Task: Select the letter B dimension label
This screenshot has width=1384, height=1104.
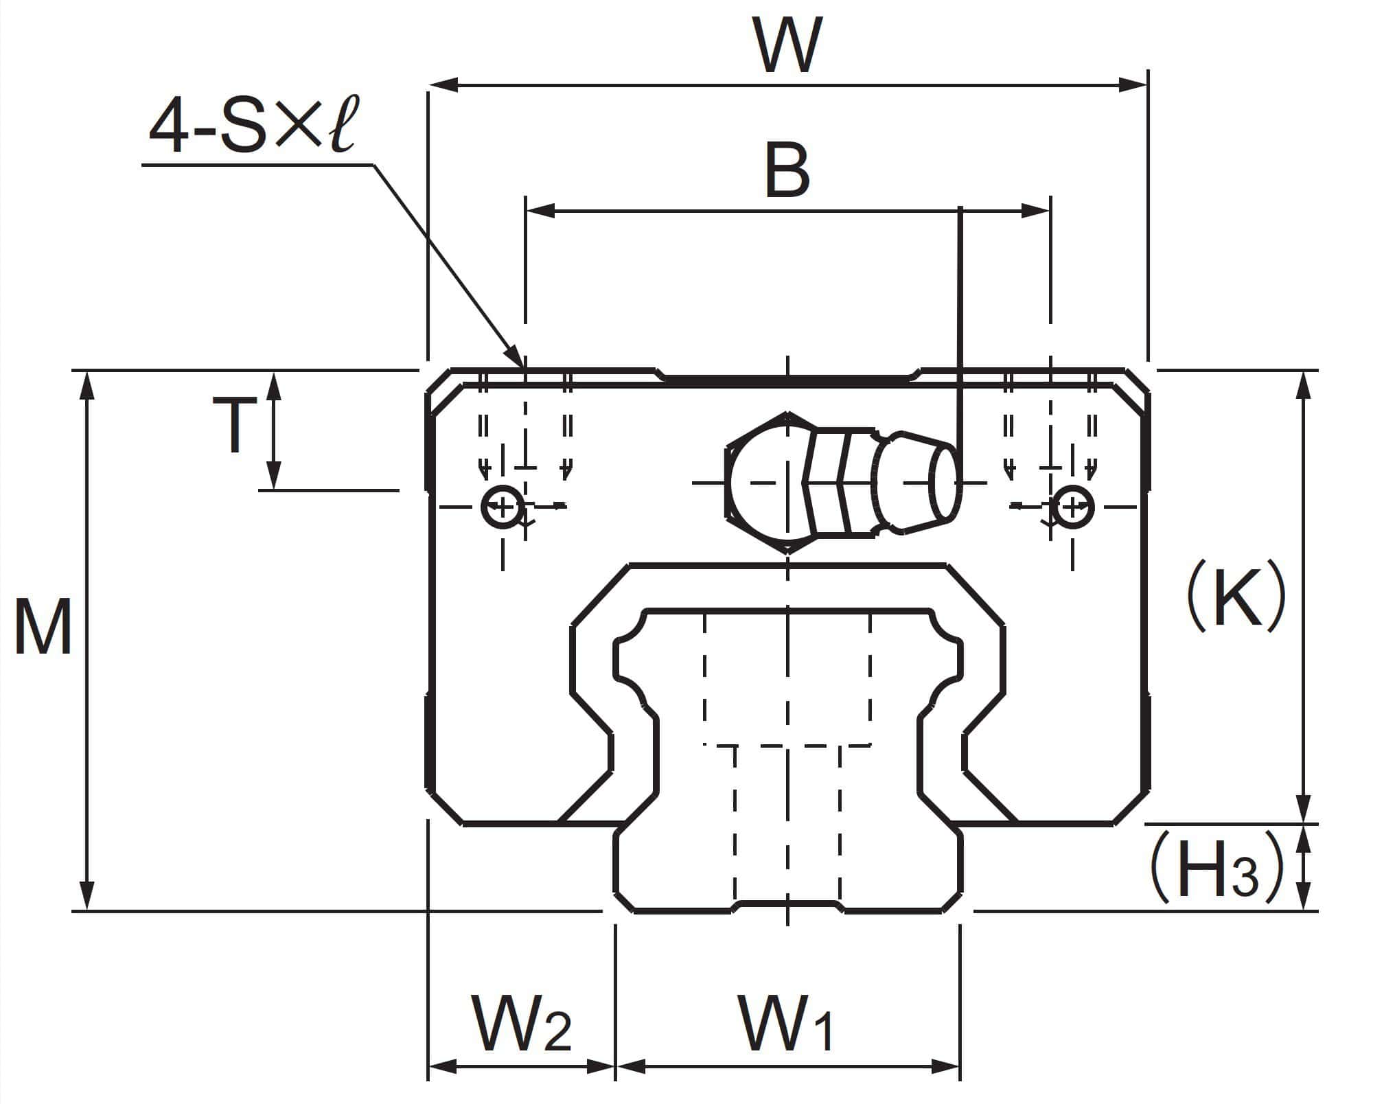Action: pyautogui.click(x=787, y=172)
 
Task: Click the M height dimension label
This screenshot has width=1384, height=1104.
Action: pyautogui.click(x=43, y=627)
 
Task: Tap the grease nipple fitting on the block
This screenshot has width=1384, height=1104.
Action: pyautogui.click(x=840, y=483)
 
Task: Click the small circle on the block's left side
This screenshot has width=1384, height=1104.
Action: pyautogui.click(x=502, y=509)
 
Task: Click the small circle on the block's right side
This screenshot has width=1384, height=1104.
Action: pyautogui.click(x=1073, y=509)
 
